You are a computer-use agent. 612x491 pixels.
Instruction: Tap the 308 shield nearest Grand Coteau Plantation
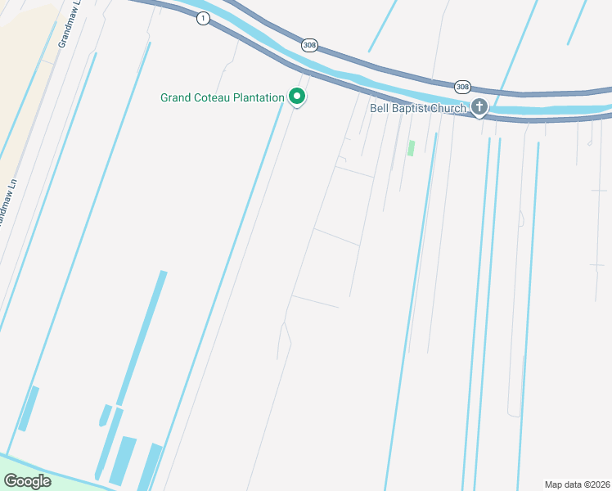308,46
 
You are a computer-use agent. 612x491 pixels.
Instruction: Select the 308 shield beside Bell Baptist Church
463,86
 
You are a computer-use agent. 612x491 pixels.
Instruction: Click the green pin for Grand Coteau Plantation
297,97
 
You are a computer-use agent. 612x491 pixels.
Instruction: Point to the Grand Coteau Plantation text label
222,98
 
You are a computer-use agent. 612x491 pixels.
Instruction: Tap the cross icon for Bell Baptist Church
479,107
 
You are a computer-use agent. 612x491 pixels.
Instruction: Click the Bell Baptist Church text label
418,108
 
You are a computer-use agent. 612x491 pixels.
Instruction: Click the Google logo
28,481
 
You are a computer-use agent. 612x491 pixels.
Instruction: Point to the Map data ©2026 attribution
577,484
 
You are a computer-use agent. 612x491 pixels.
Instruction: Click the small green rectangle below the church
411,148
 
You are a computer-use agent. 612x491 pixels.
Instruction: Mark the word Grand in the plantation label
176,98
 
